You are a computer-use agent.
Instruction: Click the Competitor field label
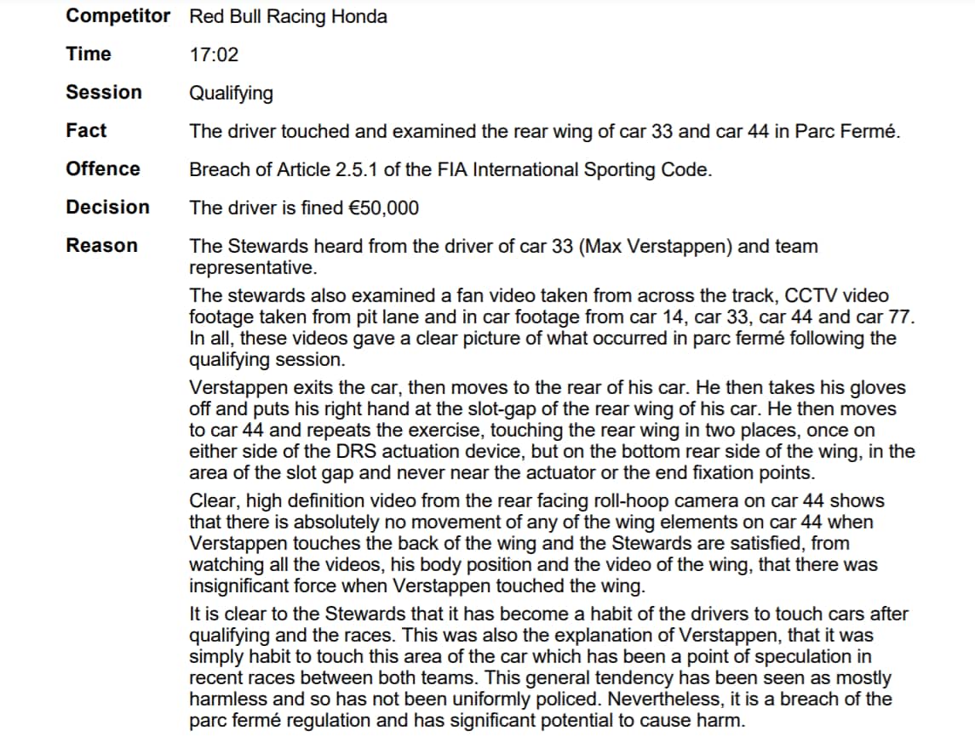(118, 16)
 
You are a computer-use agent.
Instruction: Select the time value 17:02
(214, 55)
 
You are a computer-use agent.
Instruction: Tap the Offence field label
(103, 169)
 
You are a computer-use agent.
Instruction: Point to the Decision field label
(107, 207)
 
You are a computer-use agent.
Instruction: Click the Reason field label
(101, 246)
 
